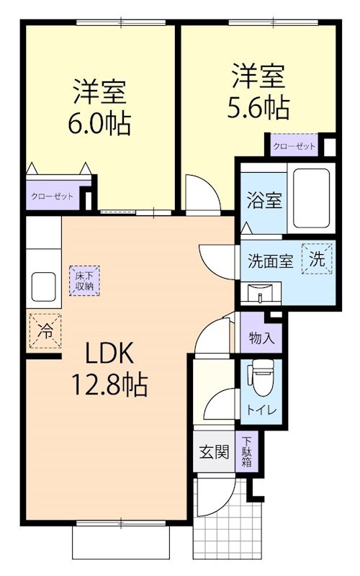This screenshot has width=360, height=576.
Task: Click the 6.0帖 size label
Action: tap(99, 124)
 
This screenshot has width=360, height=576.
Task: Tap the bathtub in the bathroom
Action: tap(309, 198)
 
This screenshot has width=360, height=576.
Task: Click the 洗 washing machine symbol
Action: tap(318, 257)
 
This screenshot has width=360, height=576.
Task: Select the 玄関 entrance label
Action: tap(214, 452)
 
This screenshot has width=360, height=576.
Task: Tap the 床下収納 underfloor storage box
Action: tap(84, 280)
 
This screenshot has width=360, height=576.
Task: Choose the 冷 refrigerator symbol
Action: tap(45, 330)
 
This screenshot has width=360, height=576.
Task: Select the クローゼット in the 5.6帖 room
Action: tap(294, 145)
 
